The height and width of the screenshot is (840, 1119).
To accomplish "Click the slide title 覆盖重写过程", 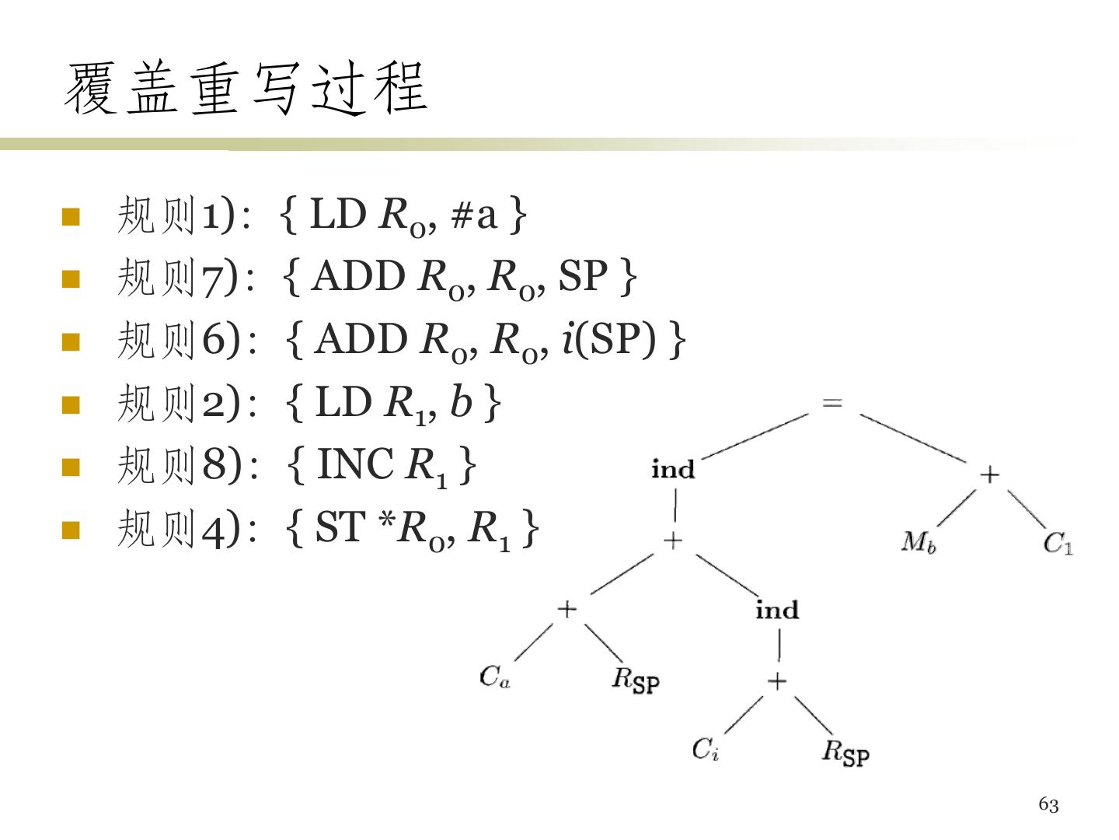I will coord(246,89).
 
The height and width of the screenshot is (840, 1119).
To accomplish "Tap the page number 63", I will coord(1048,805).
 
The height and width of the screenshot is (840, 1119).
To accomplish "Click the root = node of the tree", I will coord(832,403).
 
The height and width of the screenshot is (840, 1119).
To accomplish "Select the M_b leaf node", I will coord(919,541).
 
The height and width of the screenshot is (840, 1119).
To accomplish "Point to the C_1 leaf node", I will coord(1058,542).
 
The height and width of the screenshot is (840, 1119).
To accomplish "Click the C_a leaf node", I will coord(494,677).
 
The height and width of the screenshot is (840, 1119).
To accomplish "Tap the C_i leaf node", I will coord(706,749).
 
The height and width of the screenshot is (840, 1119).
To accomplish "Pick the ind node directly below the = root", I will coord(673,470).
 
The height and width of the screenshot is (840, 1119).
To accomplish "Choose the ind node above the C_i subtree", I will coord(777,610).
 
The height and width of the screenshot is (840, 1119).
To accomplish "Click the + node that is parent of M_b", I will coord(989,474).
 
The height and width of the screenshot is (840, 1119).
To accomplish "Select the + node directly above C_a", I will coord(567,609).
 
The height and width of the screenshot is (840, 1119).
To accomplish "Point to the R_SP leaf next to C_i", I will coord(845,752).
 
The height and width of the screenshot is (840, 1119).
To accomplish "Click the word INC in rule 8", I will coord(355,465).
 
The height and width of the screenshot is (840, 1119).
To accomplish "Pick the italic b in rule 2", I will coord(461,402).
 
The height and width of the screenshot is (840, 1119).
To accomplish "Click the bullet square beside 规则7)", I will coord(71,279).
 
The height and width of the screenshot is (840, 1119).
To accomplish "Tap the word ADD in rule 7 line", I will coord(357,277).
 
